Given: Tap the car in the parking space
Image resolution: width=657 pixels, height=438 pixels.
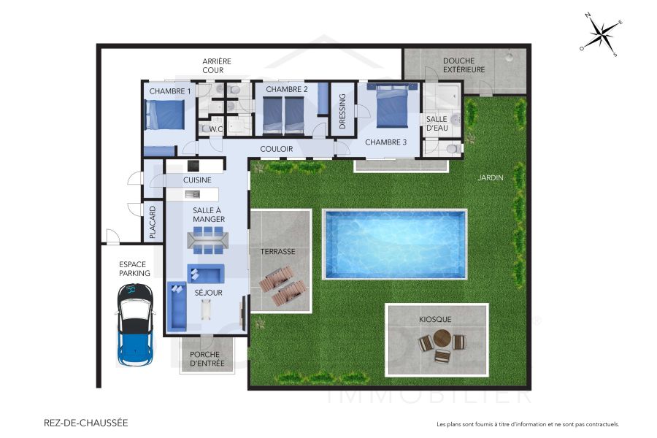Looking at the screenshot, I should [135, 325].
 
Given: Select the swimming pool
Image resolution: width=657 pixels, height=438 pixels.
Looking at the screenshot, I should [395, 245].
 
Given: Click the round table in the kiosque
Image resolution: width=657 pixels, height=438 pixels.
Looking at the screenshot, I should [442, 339].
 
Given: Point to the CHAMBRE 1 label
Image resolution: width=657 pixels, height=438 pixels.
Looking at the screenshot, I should [170, 91].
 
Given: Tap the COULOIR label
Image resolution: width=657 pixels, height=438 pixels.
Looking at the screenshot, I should [277, 149].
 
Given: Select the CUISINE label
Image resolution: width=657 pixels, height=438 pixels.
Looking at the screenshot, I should [197, 180].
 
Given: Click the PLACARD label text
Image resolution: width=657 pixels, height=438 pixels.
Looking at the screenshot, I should [153, 222].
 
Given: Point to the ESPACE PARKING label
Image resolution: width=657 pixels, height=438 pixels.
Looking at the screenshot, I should [135, 269].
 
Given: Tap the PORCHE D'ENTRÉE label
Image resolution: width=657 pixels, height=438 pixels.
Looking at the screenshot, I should [207, 358].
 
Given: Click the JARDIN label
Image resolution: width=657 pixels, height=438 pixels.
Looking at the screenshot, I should [491, 177].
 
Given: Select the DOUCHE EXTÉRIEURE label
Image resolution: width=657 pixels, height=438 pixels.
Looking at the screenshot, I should [464, 65].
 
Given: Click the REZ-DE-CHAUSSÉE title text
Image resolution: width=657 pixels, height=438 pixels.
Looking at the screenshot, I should [85, 423].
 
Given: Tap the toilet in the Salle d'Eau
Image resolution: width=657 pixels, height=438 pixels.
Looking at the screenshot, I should [453, 149].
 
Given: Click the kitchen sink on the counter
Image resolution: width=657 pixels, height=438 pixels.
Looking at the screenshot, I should [193, 194].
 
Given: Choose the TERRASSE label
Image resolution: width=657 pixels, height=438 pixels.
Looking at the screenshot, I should [278, 251].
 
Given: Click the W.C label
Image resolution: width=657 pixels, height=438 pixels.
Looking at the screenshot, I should [215, 129].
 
